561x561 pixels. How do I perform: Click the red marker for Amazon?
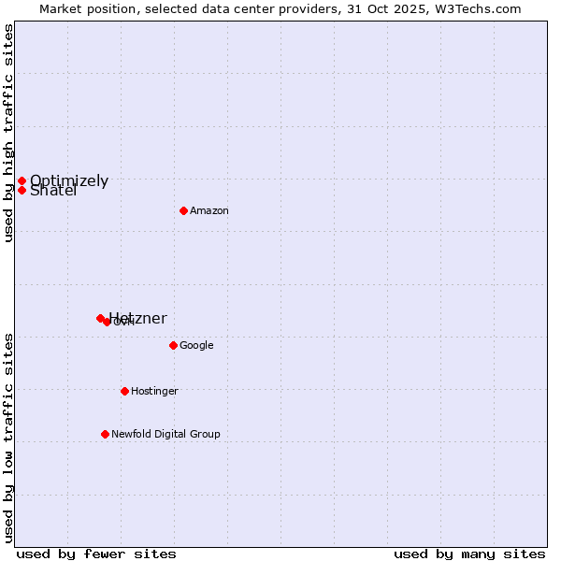tap(183, 210)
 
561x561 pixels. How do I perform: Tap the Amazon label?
tap(209, 211)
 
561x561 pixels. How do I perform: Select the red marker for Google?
tap(173, 345)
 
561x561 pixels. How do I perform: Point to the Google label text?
tap(196, 346)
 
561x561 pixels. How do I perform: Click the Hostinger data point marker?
tap(124, 391)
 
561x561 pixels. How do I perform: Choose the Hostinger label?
tap(154, 392)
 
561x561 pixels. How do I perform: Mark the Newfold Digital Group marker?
tap(105, 434)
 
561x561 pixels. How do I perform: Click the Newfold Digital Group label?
tap(165, 434)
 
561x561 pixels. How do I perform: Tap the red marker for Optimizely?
tap(22, 180)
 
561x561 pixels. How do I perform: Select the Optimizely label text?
tap(69, 181)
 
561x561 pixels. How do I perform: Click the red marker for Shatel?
tap(22, 190)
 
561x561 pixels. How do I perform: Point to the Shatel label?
tap(53, 192)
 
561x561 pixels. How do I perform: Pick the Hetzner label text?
tap(137, 319)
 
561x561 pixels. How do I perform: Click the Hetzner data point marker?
tap(100, 318)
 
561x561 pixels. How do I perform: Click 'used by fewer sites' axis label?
tap(96, 554)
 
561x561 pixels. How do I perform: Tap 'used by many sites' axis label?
tap(469, 554)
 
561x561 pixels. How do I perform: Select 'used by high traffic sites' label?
tap(9, 134)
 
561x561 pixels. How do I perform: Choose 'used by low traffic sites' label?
tap(9, 437)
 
